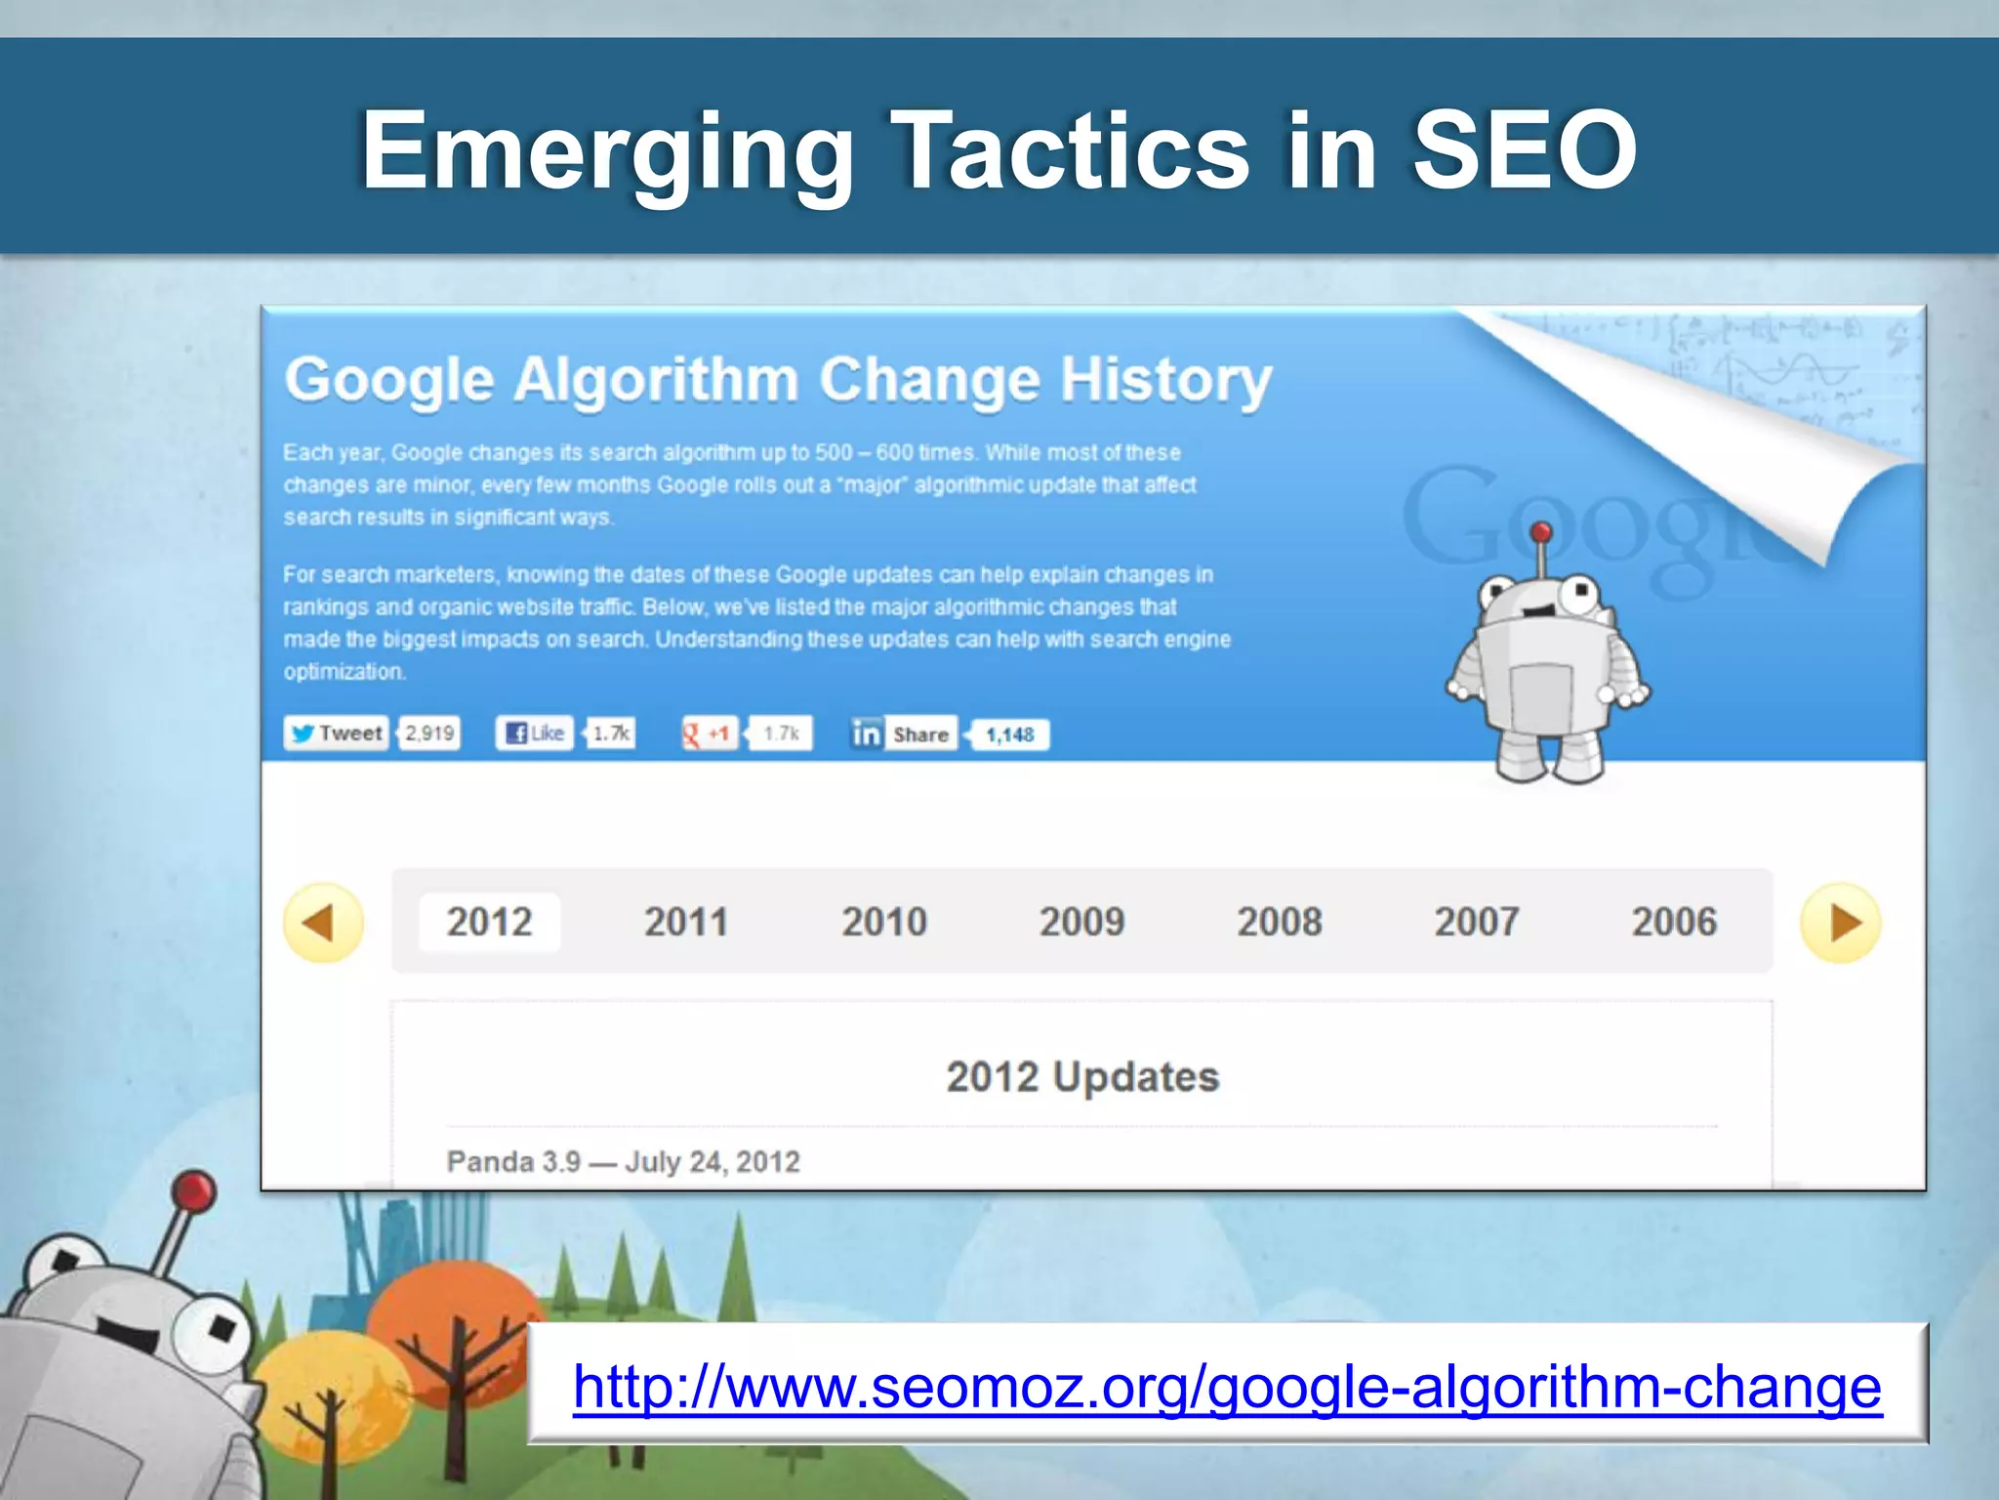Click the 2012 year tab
coord(489,922)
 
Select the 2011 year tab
coord(686,922)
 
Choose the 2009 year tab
coord(1081,922)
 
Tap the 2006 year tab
coord(1674,922)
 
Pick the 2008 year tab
coord(1280,922)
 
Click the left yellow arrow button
coord(323,923)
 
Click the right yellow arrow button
coord(1841,923)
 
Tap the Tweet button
coord(337,733)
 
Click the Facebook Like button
coord(535,733)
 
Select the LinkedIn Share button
coord(902,734)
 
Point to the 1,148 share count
coord(1009,735)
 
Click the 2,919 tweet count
coord(430,733)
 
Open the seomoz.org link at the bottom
coord(1227,1387)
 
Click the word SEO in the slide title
coord(1525,151)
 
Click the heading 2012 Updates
coord(1082,1077)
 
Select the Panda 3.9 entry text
coord(623,1162)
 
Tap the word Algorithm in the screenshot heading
coord(656,380)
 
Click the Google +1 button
coord(709,733)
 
